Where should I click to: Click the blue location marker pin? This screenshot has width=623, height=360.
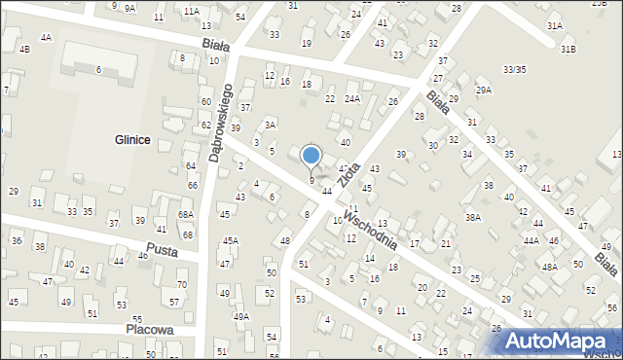point(311,156)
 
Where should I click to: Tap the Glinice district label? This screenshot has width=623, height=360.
point(129,140)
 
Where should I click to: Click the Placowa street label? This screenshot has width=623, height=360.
point(149,330)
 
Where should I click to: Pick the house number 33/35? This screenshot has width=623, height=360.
point(515,69)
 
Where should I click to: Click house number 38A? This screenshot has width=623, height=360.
point(473,218)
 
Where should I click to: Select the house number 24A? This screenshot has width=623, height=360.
point(352,98)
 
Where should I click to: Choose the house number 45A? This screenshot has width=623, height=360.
point(231,240)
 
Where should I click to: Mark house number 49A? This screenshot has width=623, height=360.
point(240,316)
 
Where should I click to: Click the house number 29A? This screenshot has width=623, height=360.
point(484,90)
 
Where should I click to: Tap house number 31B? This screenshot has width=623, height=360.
point(568,50)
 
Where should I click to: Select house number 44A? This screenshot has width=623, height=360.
point(531,239)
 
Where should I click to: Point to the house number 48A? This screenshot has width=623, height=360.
point(550,267)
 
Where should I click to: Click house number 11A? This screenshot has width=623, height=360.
point(191,11)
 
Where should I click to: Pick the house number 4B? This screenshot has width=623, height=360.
point(24,49)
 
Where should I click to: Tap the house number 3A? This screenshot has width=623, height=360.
point(271,125)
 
